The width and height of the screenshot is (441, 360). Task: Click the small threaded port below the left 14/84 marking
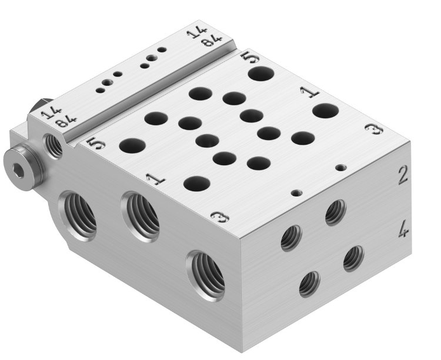click(54, 145)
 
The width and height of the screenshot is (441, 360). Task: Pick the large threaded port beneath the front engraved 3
click(207, 274)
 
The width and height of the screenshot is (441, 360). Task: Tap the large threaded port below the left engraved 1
click(141, 215)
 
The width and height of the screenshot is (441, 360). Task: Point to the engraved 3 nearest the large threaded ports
click(219, 218)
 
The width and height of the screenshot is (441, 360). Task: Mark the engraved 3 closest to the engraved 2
click(370, 130)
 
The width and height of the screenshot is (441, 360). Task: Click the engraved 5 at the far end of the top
click(249, 58)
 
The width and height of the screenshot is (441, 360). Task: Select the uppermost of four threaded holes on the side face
click(335, 212)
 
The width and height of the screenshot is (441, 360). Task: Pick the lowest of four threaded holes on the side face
click(309, 284)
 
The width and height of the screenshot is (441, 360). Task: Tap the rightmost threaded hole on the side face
click(353, 258)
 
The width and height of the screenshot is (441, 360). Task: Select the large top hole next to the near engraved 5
click(133, 145)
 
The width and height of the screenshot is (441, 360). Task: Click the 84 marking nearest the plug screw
click(66, 122)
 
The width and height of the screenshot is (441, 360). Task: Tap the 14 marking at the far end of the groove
click(196, 34)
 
